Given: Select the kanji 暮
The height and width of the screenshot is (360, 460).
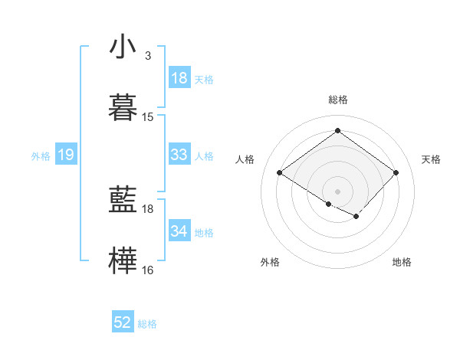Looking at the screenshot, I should click(x=123, y=106).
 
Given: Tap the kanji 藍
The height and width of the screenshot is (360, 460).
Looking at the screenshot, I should click(x=123, y=200).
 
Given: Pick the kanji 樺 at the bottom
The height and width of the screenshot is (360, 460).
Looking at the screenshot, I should click(x=123, y=260).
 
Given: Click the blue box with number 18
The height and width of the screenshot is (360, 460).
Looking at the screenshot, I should click(x=179, y=78).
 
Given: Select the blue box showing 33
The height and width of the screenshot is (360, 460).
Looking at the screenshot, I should click(x=179, y=155).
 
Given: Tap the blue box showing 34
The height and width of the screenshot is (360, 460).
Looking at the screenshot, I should click(x=179, y=231).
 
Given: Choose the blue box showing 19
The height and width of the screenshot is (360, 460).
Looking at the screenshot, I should click(x=65, y=155).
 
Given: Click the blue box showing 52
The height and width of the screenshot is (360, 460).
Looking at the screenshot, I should click(x=123, y=322).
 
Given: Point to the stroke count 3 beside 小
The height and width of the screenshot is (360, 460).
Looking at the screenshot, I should click(x=148, y=56).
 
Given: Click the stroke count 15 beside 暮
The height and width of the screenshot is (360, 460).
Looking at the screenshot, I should click(x=148, y=117).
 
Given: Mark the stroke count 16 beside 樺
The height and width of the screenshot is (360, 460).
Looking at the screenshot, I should click(x=148, y=270).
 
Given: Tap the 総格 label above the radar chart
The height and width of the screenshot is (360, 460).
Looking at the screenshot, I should click(x=338, y=100).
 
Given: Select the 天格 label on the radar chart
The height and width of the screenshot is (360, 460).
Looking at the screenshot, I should click(x=431, y=159).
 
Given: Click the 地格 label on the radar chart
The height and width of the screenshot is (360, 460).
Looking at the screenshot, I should click(x=402, y=262).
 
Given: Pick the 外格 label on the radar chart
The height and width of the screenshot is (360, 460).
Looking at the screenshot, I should click(x=270, y=262).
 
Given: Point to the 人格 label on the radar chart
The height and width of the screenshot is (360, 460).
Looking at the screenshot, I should click(x=245, y=159).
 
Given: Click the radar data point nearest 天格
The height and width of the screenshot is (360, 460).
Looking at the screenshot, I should click(x=396, y=172).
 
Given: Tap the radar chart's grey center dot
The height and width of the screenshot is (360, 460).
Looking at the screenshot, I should click(x=337, y=191).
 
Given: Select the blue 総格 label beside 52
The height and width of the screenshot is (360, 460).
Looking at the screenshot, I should click(x=147, y=323).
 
